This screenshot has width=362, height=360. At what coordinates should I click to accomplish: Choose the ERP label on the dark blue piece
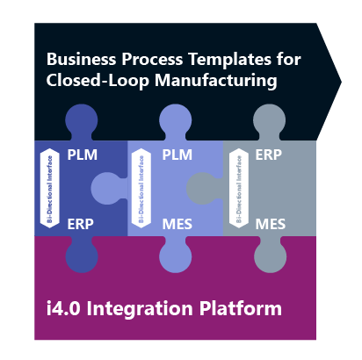pyautogui.click(x=81, y=225)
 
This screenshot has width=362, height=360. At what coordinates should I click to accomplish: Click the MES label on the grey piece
pyautogui.click(x=271, y=225)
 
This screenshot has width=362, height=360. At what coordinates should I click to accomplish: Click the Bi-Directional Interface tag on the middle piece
pyautogui.click(x=140, y=190)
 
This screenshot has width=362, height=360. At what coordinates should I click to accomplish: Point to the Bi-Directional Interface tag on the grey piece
pyautogui.click(x=235, y=190)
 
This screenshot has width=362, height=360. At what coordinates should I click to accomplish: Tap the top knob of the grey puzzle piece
pyautogui.click(x=269, y=121)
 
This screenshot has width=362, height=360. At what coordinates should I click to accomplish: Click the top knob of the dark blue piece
pyautogui.click(x=82, y=121)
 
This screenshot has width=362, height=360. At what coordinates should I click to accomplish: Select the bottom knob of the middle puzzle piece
pyautogui.click(x=176, y=256)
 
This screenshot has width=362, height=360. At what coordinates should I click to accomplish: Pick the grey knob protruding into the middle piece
pyautogui.click(x=203, y=189)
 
